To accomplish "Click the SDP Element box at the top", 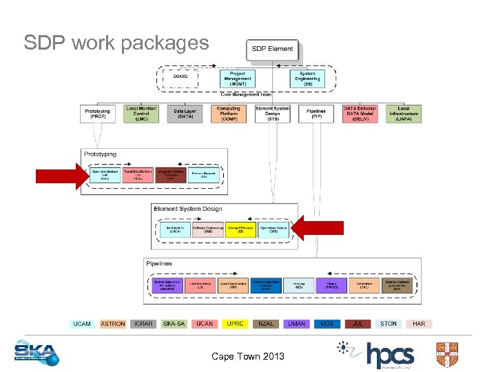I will (x=272, y=50).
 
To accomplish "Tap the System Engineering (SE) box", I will (x=307, y=78).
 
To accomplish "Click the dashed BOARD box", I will (x=180, y=78).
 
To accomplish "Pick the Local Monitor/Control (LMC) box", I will (x=141, y=114).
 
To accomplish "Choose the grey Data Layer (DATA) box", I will (x=184, y=114).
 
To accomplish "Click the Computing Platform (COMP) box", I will (x=228, y=114).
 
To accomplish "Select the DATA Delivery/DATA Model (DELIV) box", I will (x=360, y=114).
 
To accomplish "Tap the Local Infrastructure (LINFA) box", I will (x=404, y=114).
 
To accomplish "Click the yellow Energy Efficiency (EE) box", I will (x=240, y=229).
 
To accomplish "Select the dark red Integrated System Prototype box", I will (x=169, y=174).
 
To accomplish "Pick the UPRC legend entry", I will (x=235, y=324).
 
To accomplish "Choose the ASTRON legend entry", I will (x=113, y=324).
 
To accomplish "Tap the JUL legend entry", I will (x=358, y=324).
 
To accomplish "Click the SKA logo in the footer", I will (x=37, y=353).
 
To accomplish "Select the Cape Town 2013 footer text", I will (x=247, y=356).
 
